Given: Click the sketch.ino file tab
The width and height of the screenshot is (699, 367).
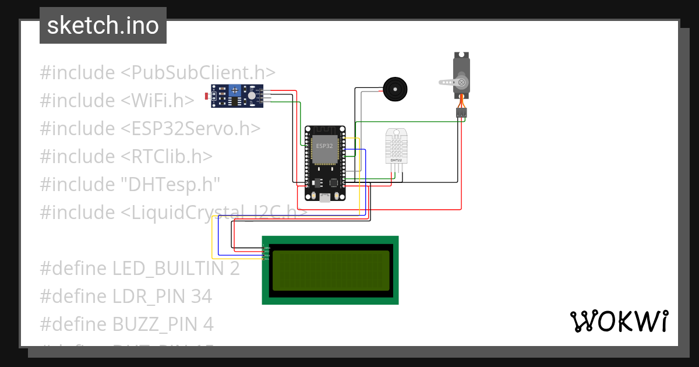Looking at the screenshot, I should point(103,26).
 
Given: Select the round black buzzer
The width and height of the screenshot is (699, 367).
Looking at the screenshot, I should point(394,89).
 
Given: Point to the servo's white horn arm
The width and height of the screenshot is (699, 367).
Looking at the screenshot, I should point(451,82).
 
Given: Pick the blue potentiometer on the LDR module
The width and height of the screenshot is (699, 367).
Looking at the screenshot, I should point(235,90).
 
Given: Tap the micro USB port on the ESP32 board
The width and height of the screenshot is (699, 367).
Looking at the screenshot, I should point(324,197).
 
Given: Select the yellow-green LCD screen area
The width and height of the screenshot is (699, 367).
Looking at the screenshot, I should point(330,270).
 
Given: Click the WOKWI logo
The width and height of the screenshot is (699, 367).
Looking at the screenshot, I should point(619,321).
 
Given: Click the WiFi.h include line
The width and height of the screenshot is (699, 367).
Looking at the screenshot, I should point(117,101).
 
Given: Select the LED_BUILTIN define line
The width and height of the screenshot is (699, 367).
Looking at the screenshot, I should point(140,269).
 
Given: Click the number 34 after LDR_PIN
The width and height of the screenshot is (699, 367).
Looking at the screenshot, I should point(201,297).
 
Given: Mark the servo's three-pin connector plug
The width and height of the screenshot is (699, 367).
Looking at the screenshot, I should point(461,113).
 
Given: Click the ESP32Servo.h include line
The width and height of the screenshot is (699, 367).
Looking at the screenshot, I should point(150,128).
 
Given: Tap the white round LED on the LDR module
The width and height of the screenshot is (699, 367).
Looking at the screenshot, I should point(251,96).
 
